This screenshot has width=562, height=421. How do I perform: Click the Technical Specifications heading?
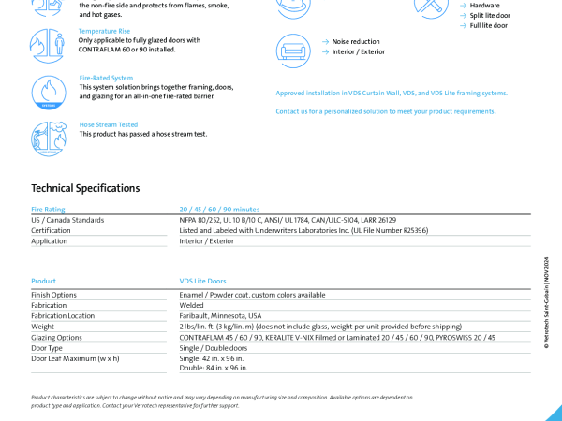click(x=85, y=188)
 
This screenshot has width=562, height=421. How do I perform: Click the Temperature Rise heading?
click(x=104, y=31)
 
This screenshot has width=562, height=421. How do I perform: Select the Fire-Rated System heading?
click(x=106, y=78)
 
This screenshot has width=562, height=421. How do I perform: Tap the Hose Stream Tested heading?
click(x=108, y=124)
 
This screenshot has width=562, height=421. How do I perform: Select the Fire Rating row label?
click(x=48, y=210)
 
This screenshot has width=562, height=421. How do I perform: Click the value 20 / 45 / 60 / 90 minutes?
click(x=219, y=210)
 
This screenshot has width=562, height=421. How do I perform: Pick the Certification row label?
click(x=51, y=230)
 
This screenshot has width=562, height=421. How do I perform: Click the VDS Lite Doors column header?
click(x=202, y=281)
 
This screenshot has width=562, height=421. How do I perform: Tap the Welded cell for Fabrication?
click(x=191, y=305)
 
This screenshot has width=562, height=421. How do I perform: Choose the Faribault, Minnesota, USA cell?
click(x=220, y=316)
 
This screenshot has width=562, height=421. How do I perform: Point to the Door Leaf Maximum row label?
click(x=75, y=358)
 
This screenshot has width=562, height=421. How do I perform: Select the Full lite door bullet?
click(x=488, y=25)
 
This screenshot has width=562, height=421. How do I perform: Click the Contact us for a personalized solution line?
click(x=385, y=111)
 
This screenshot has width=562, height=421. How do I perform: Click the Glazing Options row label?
click(x=56, y=337)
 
